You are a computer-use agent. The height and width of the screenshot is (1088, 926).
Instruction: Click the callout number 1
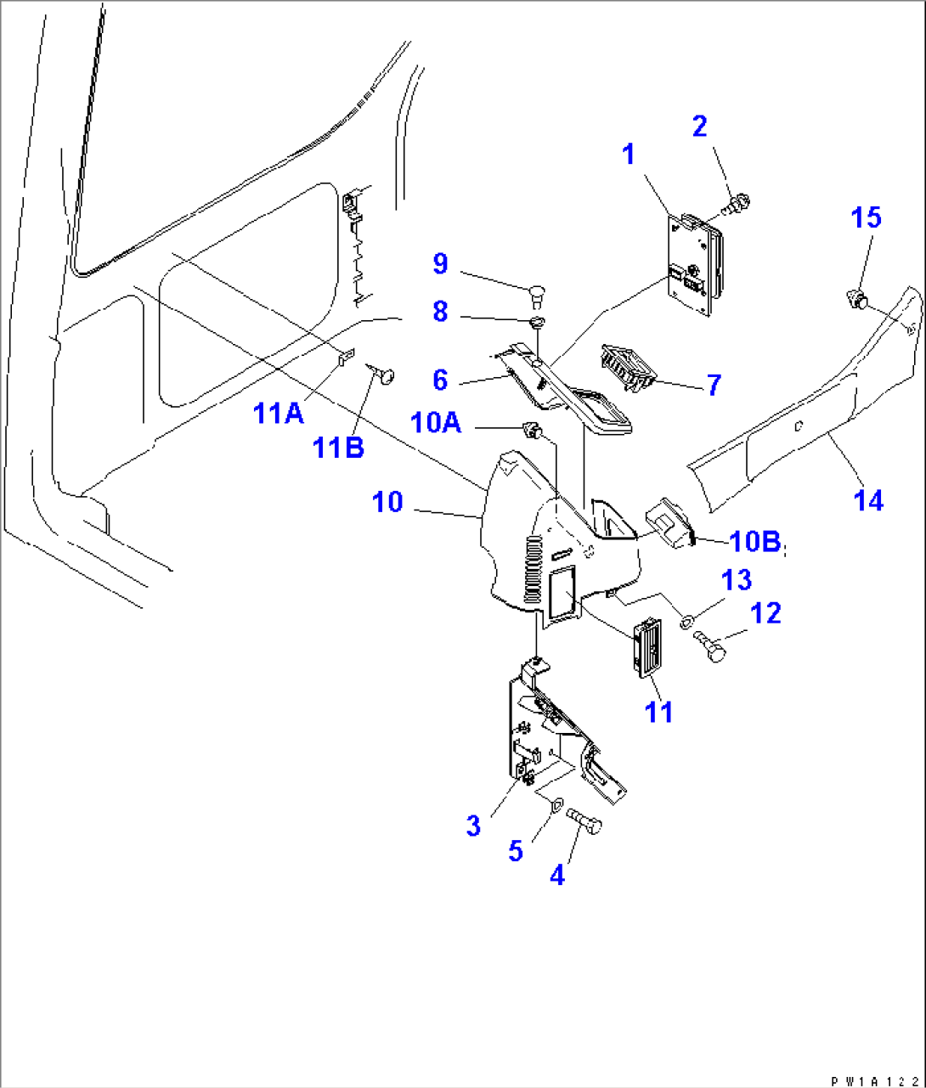(x=629, y=155)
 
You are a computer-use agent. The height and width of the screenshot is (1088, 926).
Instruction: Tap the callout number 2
(x=700, y=127)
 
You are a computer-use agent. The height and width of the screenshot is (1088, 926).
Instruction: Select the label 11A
(x=279, y=413)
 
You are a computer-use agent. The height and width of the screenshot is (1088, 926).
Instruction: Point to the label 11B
(x=338, y=448)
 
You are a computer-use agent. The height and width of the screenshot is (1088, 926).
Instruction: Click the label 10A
(x=435, y=423)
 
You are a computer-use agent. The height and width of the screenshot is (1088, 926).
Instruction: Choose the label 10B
(x=755, y=541)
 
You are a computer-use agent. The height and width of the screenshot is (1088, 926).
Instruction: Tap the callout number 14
(x=868, y=500)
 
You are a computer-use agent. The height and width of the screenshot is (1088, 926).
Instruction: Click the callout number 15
(x=867, y=217)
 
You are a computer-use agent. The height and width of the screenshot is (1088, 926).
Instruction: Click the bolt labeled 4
(x=584, y=821)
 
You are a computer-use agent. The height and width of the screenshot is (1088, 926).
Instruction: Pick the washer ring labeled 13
(x=687, y=622)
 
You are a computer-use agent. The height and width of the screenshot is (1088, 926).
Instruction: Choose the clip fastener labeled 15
(x=857, y=301)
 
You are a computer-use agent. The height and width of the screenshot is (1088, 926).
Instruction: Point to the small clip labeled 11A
(x=347, y=357)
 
